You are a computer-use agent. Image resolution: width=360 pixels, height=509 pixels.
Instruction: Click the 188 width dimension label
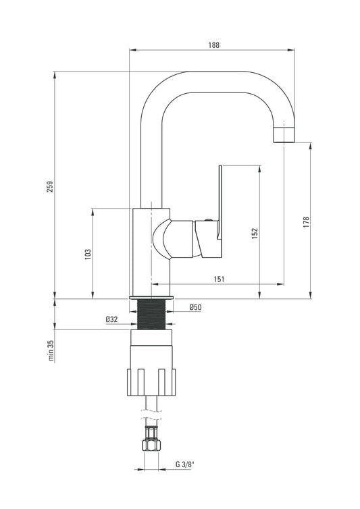coord(214,45)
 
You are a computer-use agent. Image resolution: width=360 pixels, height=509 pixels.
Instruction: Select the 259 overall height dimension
coord(50,186)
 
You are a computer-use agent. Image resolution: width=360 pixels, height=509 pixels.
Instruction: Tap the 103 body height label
coord(88,254)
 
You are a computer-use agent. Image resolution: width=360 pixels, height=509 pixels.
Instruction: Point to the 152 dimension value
coord(255,234)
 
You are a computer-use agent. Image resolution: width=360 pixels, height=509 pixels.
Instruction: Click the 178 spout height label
coord(306,222)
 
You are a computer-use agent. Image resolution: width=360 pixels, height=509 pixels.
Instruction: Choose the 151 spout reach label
coord(219,279)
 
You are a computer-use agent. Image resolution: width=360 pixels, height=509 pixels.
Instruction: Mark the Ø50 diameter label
coord(196,307)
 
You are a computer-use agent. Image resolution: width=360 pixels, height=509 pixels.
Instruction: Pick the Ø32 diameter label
coord(111,319)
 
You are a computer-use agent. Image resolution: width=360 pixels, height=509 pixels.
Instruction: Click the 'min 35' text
coord(51,350)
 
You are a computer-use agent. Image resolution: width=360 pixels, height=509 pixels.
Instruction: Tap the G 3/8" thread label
coord(184,464)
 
